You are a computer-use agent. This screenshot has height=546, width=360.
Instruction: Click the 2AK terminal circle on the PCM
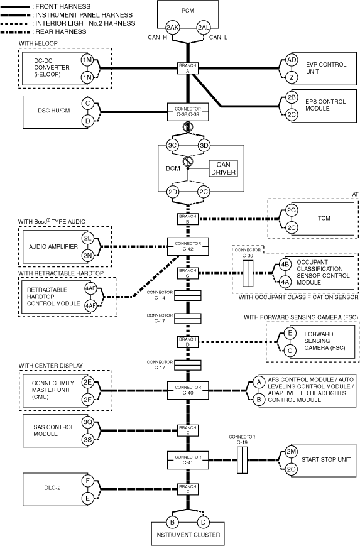click(172, 28)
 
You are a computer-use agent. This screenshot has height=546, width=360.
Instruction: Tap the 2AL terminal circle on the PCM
click(204, 28)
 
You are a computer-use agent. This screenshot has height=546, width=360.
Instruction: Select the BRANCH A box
click(188, 68)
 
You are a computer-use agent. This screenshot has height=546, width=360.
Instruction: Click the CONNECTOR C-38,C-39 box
click(188, 112)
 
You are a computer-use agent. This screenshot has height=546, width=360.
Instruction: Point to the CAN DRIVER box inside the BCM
click(223, 168)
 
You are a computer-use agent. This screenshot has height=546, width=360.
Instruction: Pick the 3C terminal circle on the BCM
click(173, 145)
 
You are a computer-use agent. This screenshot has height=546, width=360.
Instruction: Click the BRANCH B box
click(188, 219)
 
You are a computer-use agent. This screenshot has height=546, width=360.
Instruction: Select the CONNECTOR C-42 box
click(188, 246)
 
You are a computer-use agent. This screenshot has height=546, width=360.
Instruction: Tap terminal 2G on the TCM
click(292, 210)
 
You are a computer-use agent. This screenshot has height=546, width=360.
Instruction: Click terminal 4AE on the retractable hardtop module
click(90, 288)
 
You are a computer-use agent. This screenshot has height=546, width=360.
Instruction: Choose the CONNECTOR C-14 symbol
click(188, 295)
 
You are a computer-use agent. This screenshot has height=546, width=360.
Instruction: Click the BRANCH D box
click(188, 342)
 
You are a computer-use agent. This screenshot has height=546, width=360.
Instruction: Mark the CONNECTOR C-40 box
click(188, 390)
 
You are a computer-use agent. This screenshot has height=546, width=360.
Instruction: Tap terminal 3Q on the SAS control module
click(88, 422)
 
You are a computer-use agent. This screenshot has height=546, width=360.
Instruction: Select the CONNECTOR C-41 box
click(188, 460)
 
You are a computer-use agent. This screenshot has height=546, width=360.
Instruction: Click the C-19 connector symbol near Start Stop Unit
click(243, 460)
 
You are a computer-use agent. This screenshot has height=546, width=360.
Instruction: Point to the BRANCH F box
click(188, 489)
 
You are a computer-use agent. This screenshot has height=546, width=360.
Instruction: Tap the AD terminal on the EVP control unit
click(292, 60)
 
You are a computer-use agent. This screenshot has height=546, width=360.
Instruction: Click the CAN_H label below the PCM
click(157, 37)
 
